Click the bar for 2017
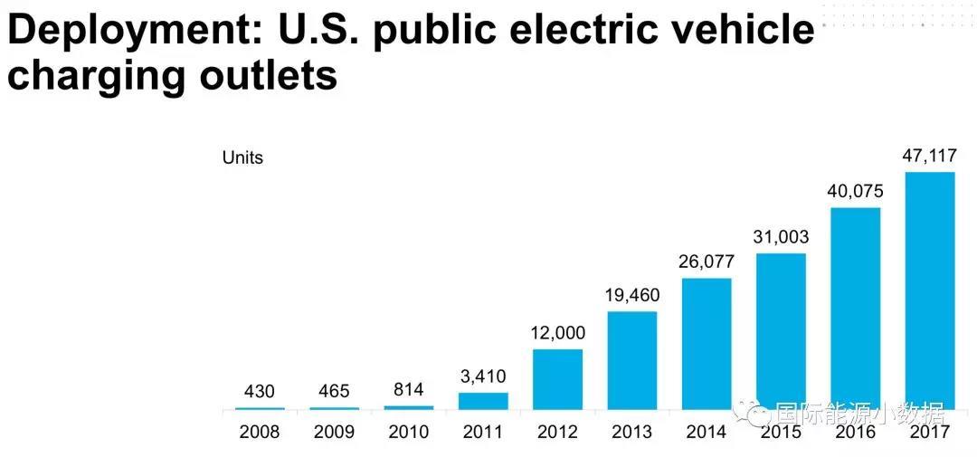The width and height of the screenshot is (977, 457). point(930,290)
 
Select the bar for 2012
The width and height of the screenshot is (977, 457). point(557,379)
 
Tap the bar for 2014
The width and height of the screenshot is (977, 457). point(707,344)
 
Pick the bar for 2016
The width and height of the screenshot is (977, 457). point(855,308)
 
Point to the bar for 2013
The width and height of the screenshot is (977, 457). point(632,360)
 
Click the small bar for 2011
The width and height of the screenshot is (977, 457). point(483,401)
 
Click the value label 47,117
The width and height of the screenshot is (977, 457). point(930,156)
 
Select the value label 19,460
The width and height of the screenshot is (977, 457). point(632,295)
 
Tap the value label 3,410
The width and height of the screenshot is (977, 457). point(483,376)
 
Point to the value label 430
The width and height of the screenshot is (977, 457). point(260,392)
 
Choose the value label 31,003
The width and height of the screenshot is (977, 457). point(781,237)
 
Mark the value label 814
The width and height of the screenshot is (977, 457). point(408,390)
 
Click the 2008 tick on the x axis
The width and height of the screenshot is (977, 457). point(260,432)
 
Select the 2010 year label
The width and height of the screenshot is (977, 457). point(408,432)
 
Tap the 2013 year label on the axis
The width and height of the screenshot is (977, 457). point(632,432)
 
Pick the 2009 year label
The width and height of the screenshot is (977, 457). point(334,432)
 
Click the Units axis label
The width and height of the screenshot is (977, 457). point(242,157)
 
